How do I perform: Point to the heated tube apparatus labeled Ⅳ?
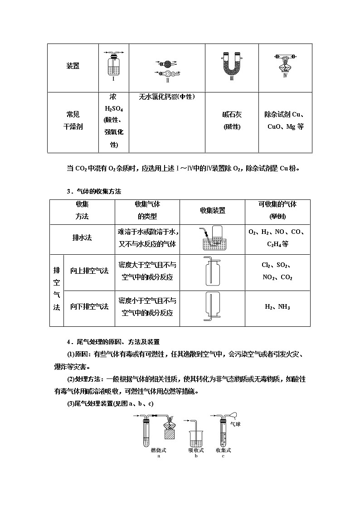point(285,63)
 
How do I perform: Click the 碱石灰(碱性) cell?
point(232,121)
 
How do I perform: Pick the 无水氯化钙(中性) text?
point(167,97)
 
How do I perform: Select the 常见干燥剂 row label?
point(73,121)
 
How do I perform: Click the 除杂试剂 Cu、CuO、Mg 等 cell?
point(285,121)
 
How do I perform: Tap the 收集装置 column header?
point(212,210)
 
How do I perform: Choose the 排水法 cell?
point(82,238)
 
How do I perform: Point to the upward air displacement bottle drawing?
point(212,272)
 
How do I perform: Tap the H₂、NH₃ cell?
point(277,307)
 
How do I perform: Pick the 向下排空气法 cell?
point(89,307)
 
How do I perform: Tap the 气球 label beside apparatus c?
point(235,424)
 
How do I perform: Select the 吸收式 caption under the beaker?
point(196,450)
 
